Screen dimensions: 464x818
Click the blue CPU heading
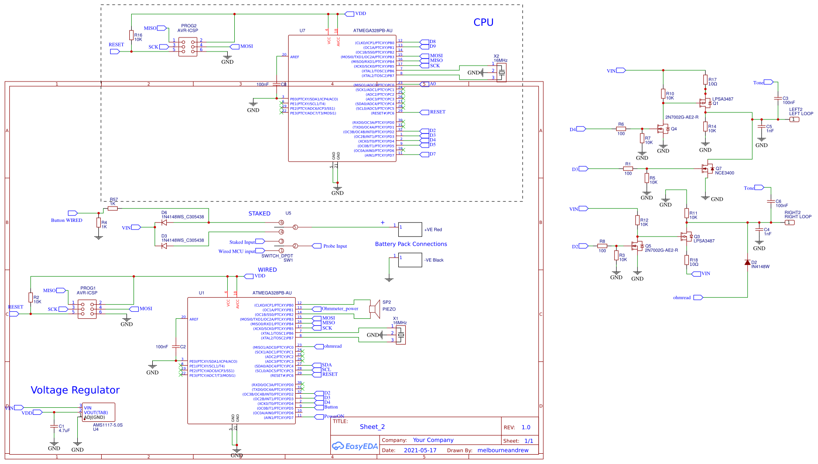click(483, 22)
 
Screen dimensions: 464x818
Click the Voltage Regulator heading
click(75, 390)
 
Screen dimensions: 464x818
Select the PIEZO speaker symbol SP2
click(375, 309)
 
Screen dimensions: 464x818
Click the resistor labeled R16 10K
click(131, 35)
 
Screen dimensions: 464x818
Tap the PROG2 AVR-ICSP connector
click(188, 46)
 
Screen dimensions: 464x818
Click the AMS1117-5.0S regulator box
click(98, 412)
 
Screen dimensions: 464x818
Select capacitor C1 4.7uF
click(54, 427)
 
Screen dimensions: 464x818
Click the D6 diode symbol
click(164, 222)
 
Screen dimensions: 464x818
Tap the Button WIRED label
click(67, 220)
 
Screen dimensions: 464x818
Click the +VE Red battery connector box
click(410, 229)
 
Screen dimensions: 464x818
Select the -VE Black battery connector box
click(410, 260)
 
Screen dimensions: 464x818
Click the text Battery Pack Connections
click(411, 244)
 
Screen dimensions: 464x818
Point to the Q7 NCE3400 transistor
click(706, 169)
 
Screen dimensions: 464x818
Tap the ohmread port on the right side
click(698, 297)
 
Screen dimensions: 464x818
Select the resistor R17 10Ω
click(705, 80)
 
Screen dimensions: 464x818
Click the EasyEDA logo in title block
click(355, 446)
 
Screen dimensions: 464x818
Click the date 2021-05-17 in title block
click(420, 450)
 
